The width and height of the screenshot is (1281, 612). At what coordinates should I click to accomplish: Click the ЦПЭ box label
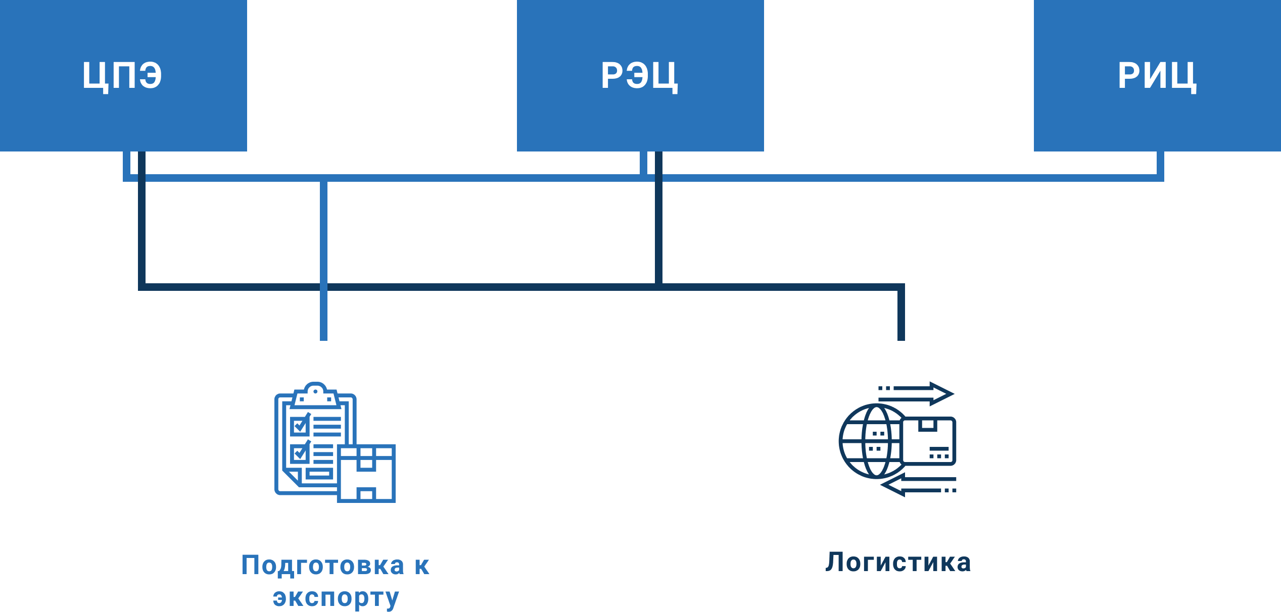[122, 76]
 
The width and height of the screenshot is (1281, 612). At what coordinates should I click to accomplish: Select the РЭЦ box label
[639, 76]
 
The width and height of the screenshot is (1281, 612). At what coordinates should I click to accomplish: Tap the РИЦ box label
[1157, 76]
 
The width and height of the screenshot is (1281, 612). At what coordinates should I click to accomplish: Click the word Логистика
[898, 563]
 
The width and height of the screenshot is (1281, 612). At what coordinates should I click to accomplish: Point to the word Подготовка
[323, 566]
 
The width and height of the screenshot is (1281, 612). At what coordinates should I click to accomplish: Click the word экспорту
[336, 598]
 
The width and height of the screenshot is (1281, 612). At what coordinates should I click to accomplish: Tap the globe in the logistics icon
[869, 441]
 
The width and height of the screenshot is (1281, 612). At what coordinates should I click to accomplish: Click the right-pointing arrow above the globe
[917, 393]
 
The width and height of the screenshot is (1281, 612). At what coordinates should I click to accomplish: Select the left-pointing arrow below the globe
[917, 485]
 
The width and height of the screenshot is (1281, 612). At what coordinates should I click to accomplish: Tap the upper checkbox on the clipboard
[300, 426]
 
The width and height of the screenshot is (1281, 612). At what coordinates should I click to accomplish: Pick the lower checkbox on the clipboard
[300, 453]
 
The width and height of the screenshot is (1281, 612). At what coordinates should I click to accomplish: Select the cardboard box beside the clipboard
[366, 473]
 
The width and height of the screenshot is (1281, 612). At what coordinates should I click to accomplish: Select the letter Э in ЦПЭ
[150, 76]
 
